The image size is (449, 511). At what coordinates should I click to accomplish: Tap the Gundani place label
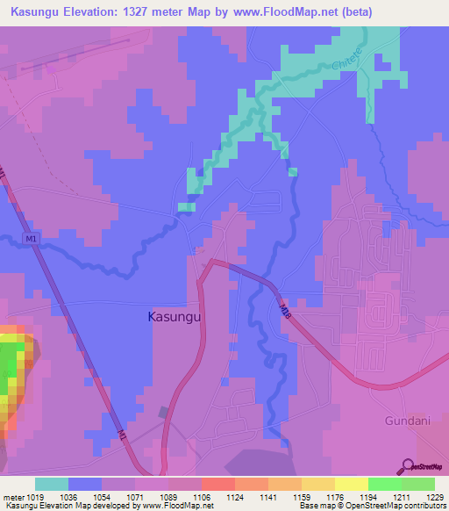(x=409, y=421)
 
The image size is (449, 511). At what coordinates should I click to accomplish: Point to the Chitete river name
(x=347, y=56)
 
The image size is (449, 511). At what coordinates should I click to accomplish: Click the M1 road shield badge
(x=32, y=239)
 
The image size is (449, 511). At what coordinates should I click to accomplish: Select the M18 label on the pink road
(x=283, y=310)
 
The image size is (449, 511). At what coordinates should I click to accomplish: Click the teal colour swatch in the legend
(x=52, y=484)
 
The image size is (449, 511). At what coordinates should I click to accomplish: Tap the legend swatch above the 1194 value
(x=351, y=484)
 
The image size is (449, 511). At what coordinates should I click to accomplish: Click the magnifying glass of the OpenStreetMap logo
(x=405, y=466)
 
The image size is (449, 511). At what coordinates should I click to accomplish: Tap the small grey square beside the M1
(x=162, y=411)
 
